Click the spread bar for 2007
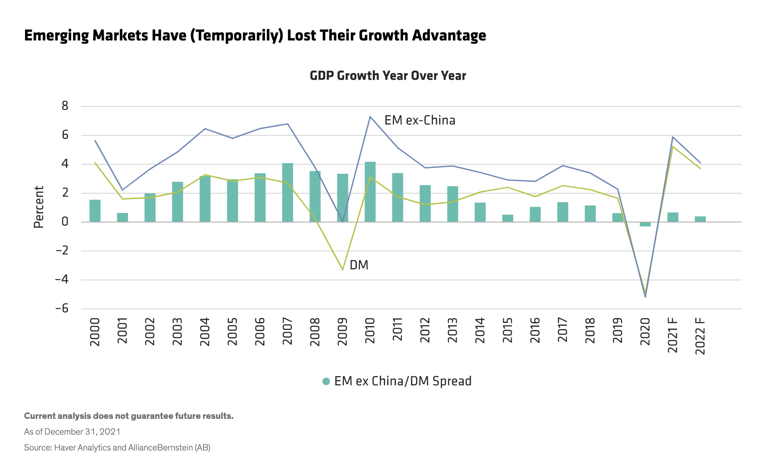287,193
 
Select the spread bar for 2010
370,192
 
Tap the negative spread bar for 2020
645,224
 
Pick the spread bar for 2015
508,218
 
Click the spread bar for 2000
95,211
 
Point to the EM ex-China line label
420,121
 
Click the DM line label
359,265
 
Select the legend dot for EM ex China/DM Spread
326,381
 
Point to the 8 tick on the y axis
65,106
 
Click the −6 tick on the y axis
62,308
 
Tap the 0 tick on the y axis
65,222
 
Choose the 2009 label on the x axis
343,332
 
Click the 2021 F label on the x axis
673,335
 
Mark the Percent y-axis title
39,207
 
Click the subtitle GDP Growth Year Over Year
388,76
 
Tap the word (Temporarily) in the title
237,36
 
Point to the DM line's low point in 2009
343,270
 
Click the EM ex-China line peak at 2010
370,117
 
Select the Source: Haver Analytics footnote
117,448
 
